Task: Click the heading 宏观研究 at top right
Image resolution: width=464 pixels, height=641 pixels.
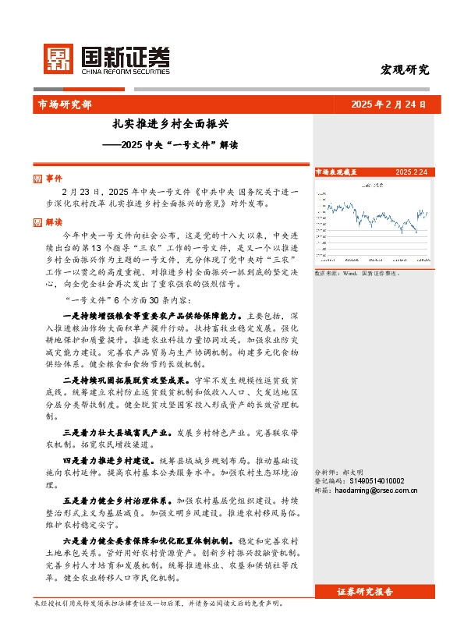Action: [x=404, y=69]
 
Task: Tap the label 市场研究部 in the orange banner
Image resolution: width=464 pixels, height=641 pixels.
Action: [x=64, y=104]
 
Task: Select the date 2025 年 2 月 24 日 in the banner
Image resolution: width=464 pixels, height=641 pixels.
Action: [x=388, y=104]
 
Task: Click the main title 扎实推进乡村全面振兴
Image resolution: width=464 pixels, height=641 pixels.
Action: [x=170, y=124]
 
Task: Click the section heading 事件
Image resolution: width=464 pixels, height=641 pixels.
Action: [x=54, y=179]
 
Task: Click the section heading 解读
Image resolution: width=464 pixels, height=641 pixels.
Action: [x=54, y=222]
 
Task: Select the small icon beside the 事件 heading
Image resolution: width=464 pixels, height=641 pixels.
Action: [x=39, y=179]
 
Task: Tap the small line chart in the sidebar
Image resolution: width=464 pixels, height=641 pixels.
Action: [x=371, y=222]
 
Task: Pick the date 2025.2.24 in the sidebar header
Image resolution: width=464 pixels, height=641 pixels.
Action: [x=410, y=172]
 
